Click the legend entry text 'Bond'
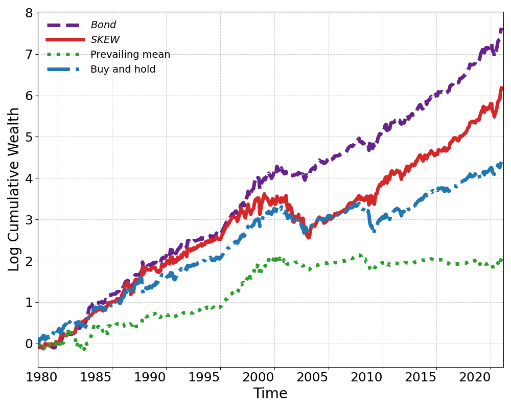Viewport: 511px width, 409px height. click(103, 25)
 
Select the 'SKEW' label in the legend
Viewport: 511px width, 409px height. click(105, 40)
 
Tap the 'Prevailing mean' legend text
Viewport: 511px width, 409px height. click(130, 55)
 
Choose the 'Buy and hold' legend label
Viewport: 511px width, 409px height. click(123, 70)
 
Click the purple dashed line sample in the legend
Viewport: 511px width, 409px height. click(65, 25)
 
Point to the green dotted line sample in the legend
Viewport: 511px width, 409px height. click(65, 55)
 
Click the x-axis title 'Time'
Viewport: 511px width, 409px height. click(270, 394)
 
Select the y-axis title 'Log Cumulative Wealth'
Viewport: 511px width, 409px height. click(14, 189)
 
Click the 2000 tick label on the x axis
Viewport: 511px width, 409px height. click(274, 377)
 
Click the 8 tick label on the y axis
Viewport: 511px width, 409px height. click(30, 13)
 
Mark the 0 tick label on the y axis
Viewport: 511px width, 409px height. click(30, 344)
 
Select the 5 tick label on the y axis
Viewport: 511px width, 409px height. click(30, 137)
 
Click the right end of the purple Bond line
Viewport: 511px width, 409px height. click(502, 30)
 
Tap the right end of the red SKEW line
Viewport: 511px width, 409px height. click(502, 88)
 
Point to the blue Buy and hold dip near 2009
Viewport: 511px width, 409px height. click(374, 231)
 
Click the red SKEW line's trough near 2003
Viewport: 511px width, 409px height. click(308, 237)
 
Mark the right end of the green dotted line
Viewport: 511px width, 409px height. click(502, 260)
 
